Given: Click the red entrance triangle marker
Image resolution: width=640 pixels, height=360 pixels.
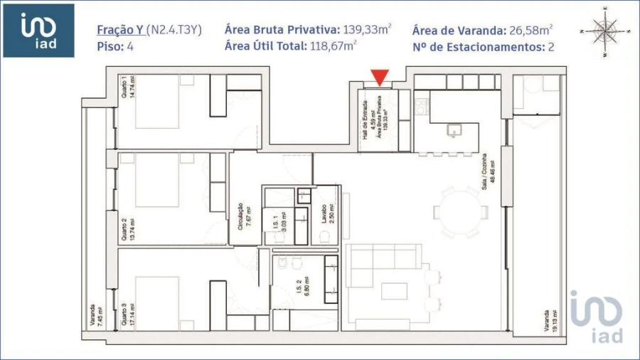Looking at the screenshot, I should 380,77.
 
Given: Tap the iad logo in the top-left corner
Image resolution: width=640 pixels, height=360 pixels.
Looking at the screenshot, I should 38,31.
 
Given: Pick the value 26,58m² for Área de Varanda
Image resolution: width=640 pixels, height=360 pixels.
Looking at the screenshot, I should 529,30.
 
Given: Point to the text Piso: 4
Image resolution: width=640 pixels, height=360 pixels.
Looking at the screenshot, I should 115,47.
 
